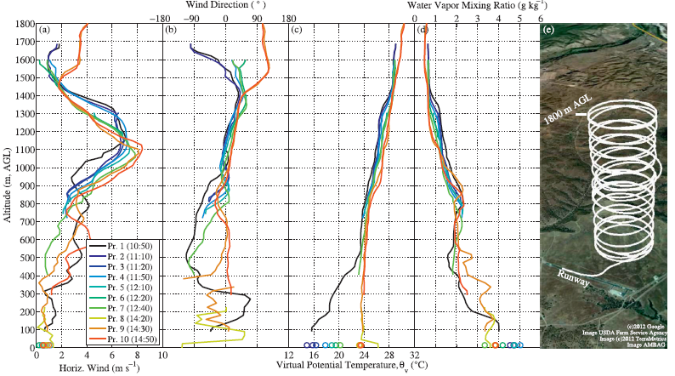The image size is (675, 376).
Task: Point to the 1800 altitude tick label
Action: (x=23, y=24)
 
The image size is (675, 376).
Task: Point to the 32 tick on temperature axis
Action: (x=415, y=355)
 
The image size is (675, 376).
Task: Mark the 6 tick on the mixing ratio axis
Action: (x=541, y=16)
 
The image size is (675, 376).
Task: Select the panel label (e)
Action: (x=548, y=31)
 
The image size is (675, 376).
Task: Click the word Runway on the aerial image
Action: (x=571, y=274)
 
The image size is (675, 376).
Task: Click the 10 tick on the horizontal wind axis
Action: (x=161, y=355)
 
